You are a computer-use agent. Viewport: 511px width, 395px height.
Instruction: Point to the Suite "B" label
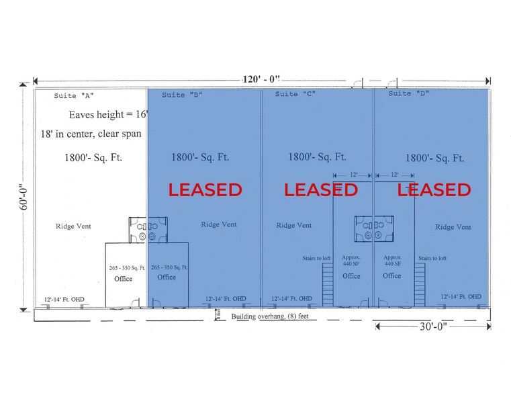[x=181, y=95]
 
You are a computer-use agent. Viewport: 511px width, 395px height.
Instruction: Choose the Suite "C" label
[x=295, y=94]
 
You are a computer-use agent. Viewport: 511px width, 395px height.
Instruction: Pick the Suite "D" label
[x=409, y=94]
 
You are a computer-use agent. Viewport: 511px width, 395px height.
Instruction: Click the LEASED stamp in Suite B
[x=205, y=190]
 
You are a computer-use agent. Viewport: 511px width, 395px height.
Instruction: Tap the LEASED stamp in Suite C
[x=320, y=190]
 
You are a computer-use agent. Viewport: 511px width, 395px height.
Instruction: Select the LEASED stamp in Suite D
[x=434, y=190]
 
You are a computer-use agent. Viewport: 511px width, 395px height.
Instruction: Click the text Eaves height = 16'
[x=108, y=115]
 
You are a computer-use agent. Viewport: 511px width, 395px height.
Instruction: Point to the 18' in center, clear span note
[x=91, y=134]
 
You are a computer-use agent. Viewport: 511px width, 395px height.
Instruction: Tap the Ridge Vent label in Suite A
[x=73, y=226]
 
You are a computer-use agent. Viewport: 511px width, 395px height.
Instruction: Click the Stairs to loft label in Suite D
[x=433, y=258]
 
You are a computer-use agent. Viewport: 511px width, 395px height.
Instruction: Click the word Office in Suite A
[x=123, y=279]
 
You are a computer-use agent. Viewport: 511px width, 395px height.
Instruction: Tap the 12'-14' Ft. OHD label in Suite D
[x=461, y=296]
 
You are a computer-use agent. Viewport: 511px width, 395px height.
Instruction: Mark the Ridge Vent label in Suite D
[x=453, y=227]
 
